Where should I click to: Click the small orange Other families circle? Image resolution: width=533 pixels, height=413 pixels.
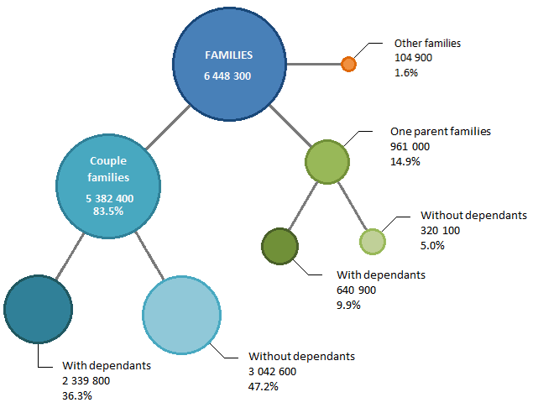(348, 63)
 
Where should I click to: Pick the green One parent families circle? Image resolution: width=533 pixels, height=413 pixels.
(327, 162)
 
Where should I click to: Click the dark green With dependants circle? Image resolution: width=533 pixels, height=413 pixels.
(280, 246)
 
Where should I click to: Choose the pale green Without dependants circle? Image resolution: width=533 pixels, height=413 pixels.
(373, 241)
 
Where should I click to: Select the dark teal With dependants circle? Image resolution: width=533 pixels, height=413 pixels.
(38, 310)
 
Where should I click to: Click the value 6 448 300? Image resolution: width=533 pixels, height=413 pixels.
(227, 76)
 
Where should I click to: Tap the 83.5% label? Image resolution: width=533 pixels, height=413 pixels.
(108, 212)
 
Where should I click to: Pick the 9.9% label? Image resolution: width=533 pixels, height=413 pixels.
(348, 305)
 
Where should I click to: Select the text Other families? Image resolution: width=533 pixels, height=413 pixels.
(427, 43)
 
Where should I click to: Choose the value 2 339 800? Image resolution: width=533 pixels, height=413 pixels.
(86, 381)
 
